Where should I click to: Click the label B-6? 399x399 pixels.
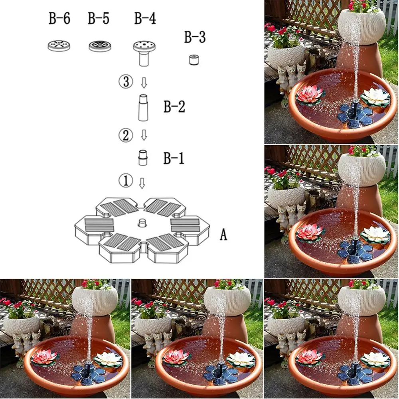(59, 19)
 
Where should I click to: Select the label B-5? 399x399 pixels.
(99, 19)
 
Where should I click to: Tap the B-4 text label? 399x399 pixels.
(144, 19)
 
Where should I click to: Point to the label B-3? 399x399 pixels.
(195, 38)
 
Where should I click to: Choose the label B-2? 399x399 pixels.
(174, 107)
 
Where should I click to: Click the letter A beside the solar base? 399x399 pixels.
(223, 235)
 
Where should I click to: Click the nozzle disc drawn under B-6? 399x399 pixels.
(59, 45)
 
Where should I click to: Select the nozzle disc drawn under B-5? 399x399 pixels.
(100, 45)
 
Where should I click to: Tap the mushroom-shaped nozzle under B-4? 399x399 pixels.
(144, 52)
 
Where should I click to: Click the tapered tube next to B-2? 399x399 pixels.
(144, 107)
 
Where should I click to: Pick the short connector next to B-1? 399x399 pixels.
(143, 158)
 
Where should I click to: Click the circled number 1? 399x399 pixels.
(125, 182)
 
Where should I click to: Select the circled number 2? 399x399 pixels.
(125, 136)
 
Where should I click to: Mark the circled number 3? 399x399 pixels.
(125, 83)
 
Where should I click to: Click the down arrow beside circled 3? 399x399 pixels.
(144, 83)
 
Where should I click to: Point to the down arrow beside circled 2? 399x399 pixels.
(144, 136)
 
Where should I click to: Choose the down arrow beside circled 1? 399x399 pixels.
(142, 183)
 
